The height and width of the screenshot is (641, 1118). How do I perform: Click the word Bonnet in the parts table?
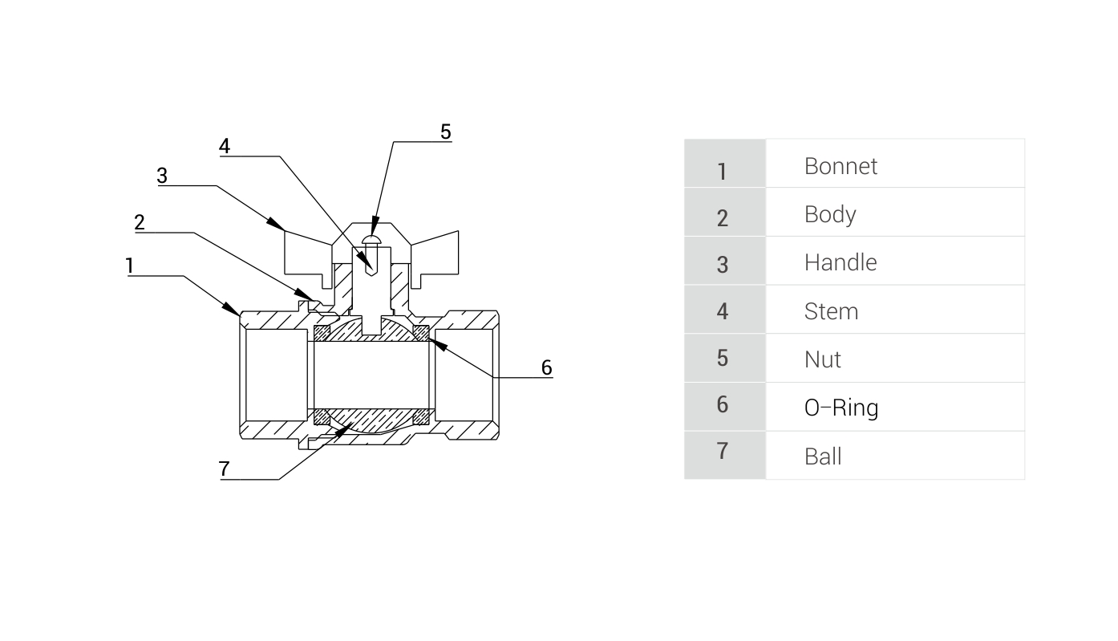point(841,166)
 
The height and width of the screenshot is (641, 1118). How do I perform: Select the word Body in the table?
point(829,214)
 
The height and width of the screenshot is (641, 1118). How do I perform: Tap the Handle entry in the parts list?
point(840,262)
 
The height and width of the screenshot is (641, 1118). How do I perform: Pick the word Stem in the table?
point(831,311)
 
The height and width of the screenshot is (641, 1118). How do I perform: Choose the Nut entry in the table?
point(822,359)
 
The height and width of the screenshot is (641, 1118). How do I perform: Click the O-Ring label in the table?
point(841,408)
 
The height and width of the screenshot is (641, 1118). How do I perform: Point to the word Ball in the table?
point(823,456)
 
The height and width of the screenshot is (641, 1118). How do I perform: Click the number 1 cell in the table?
point(723,171)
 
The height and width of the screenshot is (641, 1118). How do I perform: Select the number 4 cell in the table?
point(723,311)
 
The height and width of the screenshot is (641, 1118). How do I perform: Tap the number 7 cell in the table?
point(723,452)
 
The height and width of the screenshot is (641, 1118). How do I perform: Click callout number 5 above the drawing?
point(446,132)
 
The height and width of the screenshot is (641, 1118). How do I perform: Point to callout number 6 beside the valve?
point(546,367)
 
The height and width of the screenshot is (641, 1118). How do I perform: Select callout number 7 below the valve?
point(225,469)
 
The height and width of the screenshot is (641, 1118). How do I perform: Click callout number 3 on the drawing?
point(162,176)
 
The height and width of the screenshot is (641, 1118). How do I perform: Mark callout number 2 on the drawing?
point(140,222)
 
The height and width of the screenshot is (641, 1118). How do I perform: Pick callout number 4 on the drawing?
point(225,146)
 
